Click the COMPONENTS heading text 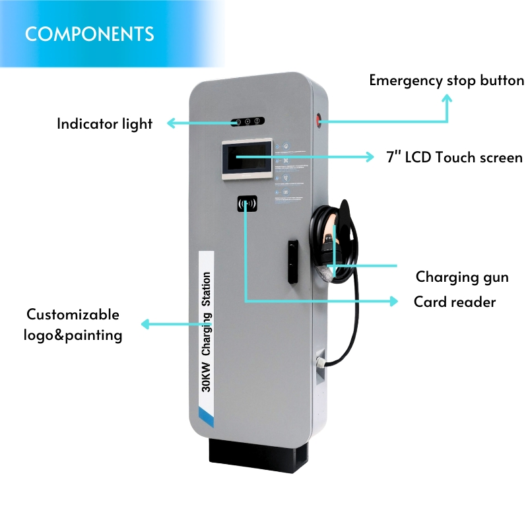click(89, 34)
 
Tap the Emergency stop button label click(446, 81)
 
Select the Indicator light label click(104, 123)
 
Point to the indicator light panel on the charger click(247, 121)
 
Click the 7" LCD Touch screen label click(454, 157)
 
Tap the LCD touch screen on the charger click(246, 158)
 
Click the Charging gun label click(462, 277)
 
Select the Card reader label click(455, 302)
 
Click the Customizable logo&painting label click(73, 325)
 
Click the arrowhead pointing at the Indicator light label click(170, 123)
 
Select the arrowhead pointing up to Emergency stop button click(447, 98)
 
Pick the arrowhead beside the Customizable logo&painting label click(146, 323)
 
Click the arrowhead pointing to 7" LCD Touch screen click(370, 157)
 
